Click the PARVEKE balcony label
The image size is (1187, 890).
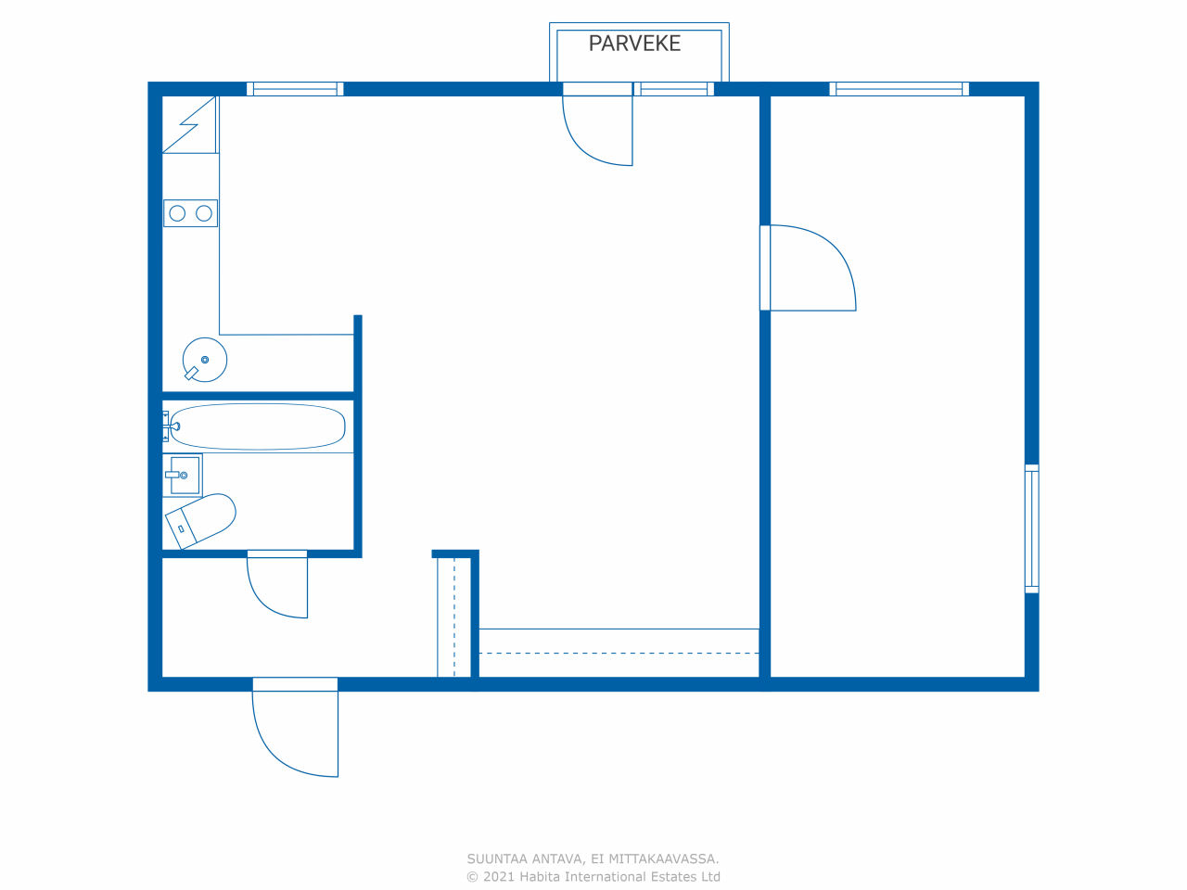634,44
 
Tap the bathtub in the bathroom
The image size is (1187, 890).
258,426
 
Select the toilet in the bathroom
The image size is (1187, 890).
200,521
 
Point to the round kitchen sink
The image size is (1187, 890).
205,360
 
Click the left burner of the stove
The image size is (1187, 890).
177,213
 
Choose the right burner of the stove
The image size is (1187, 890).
204,213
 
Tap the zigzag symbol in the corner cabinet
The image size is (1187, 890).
189,124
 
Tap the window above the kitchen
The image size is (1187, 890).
295,89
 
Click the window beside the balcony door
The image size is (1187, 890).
674,89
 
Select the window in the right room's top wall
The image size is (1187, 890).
899,89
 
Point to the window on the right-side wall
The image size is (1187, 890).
1032,528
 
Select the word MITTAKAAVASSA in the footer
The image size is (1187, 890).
664,858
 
